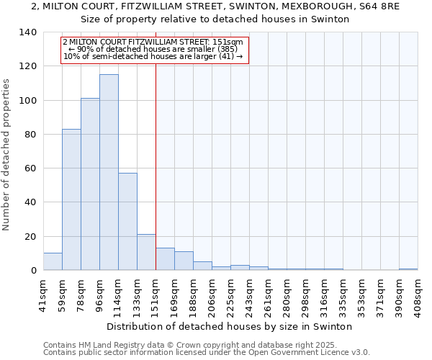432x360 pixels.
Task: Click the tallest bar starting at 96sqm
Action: (x=109, y=173)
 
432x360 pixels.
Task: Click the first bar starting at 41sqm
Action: (x=53, y=262)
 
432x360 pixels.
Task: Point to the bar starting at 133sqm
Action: (x=146, y=253)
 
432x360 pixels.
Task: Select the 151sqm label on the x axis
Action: (x=156, y=292)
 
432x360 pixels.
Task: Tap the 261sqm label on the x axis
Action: (x=268, y=292)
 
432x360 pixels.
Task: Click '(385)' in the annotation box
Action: (x=223, y=49)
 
